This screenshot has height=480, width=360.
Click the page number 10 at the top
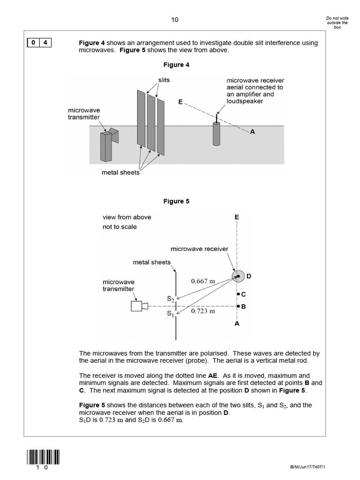click(x=175, y=20)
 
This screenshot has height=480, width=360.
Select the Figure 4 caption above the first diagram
click(x=176, y=65)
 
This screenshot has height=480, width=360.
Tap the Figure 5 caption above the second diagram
click(x=176, y=201)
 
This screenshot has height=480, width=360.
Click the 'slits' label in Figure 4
click(x=164, y=80)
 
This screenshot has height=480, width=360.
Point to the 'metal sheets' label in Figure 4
click(x=120, y=172)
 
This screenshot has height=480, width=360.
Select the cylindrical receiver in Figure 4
click(x=217, y=134)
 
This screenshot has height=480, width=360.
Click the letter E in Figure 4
click(x=180, y=102)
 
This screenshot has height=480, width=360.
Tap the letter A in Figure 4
click(x=252, y=132)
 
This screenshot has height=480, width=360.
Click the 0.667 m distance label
click(x=203, y=281)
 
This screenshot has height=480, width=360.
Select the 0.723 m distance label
click(x=203, y=311)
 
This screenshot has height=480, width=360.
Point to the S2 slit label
click(x=171, y=298)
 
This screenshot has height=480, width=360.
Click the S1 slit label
click(x=171, y=315)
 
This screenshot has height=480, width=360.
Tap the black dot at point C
click(x=238, y=294)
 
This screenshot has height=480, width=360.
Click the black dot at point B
click(x=238, y=307)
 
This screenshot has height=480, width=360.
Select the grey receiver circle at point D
click(x=238, y=277)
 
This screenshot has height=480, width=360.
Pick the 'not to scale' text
click(x=120, y=227)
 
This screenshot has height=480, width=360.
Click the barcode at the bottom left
click(x=44, y=457)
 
